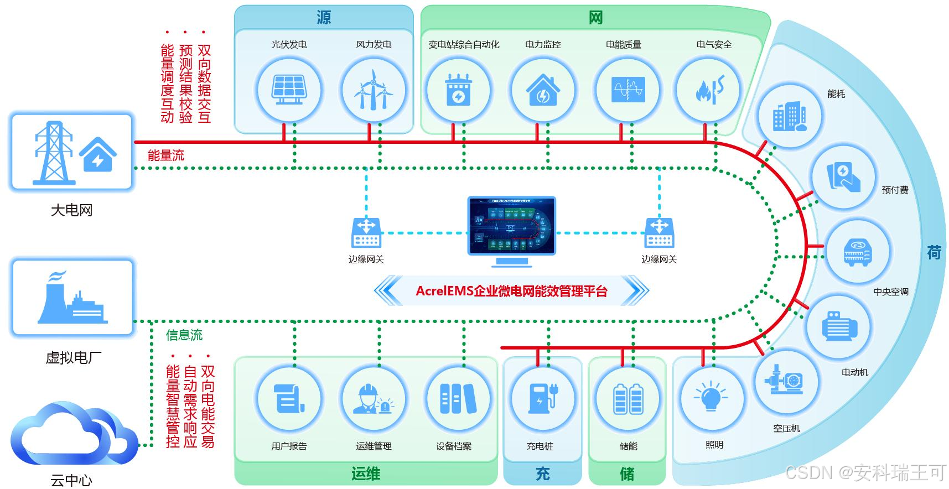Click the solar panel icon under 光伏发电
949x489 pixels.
[288, 90]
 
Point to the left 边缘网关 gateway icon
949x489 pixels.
[366, 232]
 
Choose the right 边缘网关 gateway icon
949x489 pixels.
[658, 232]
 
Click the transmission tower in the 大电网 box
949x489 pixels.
[54, 153]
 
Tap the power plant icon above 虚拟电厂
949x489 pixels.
[72, 299]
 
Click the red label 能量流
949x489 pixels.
[166, 155]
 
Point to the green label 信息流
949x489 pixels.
[184, 335]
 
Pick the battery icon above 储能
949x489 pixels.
[628, 398]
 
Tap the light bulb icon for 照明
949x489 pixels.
[711, 397]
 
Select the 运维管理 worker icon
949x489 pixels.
[373, 398]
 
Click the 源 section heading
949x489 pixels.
[324, 18]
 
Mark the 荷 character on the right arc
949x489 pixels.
[934, 253]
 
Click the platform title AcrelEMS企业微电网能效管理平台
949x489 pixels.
[511, 291]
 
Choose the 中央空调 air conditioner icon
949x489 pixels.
[857, 252]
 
